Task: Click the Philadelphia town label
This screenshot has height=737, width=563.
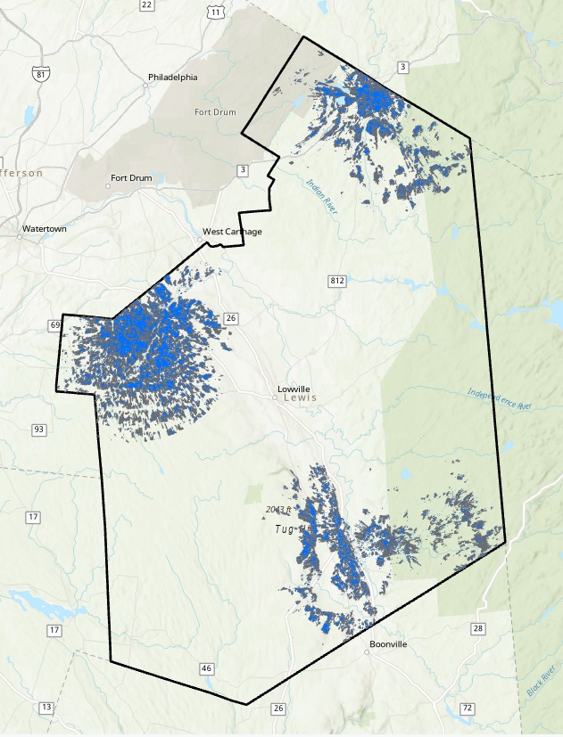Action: click(x=174, y=77)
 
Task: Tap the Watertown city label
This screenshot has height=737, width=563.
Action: click(x=45, y=229)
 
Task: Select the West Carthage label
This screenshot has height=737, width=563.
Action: click(x=232, y=232)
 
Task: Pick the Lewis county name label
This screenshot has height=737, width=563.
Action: click(x=301, y=397)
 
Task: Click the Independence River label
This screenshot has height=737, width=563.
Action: click(x=499, y=398)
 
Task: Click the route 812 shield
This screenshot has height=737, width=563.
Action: click(x=336, y=281)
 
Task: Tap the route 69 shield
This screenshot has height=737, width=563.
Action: click(x=55, y=324)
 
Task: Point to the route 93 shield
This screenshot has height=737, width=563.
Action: click(x=38, y=430)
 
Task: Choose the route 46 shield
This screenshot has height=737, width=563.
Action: click(x=207, y=667)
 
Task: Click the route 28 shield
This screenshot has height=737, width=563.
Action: click(x=478, y=628)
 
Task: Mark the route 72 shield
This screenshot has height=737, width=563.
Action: click(x=467, y=708)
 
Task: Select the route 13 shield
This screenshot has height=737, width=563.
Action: click(x=46, y=707)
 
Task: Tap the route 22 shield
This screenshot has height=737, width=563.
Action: click(x=146, y=5)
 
